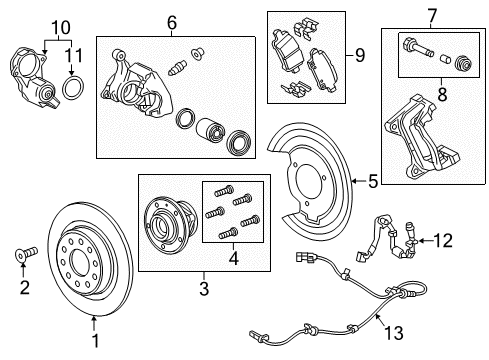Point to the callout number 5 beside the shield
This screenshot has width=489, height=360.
(372, 181)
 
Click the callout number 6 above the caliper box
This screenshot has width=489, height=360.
(172, 22)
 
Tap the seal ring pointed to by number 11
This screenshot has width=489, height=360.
(72, 88)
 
